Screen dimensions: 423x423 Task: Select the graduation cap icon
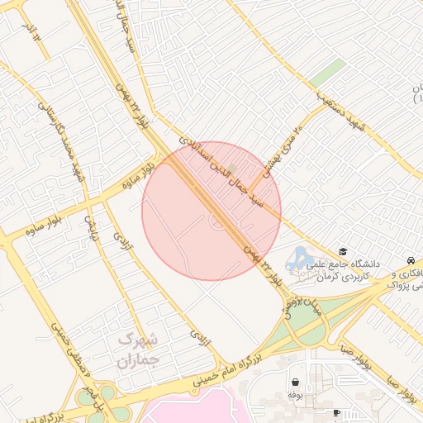pyautogui.click(x=343, y=252)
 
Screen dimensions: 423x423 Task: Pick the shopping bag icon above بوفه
pyautogui.click(x=295, y=382)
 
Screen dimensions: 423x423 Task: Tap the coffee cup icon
pyautogui.click(x=336, y=412)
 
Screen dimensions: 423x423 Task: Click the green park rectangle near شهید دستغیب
pyautogui.click(x=328, y=73)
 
